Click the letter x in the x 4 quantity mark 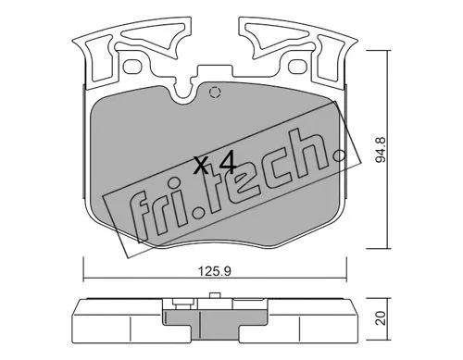click(201, 166)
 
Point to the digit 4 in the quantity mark click(224, 165)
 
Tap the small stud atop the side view click(214, 298)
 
